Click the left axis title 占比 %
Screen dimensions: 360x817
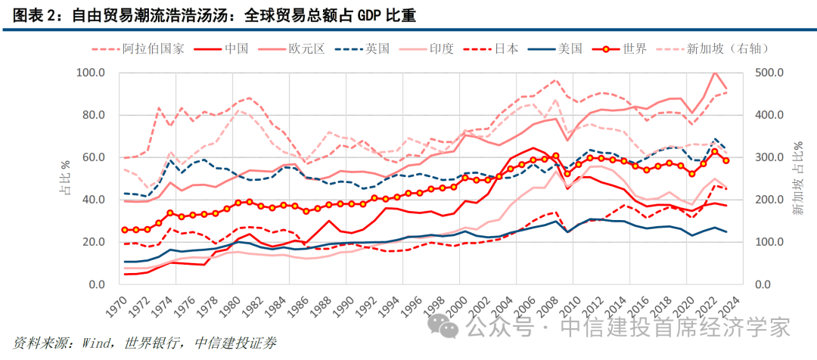(65, 178)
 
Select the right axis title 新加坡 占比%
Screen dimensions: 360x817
(800, 178)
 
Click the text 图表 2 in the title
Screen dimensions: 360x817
(35, 15)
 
